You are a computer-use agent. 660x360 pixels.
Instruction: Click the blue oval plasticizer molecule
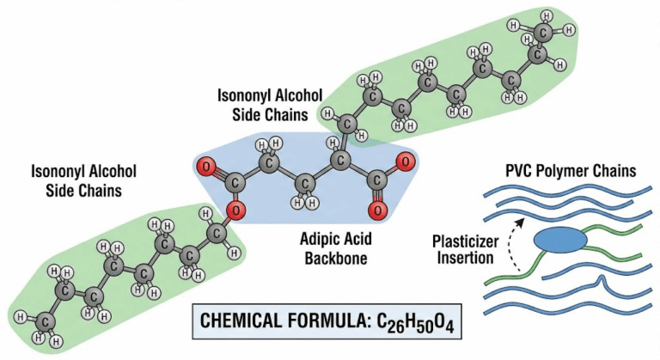560,242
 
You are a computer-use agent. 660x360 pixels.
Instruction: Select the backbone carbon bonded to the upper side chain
341,157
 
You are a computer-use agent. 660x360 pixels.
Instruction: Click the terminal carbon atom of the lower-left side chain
47,322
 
